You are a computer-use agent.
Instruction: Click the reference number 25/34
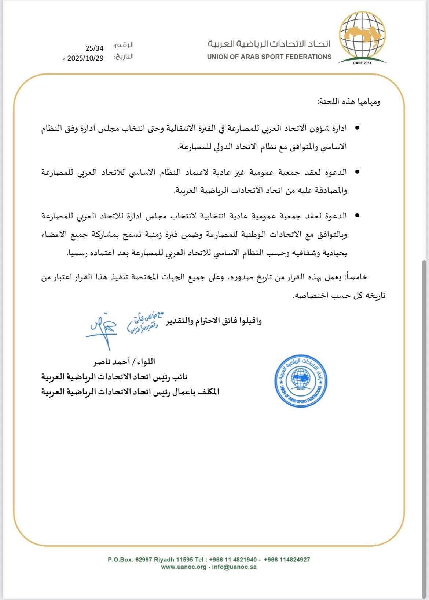coord(95,48)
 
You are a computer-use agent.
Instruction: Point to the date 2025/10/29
coord(85,58)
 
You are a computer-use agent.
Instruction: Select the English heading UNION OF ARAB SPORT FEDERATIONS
coord(269,57)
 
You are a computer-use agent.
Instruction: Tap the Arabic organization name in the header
coord(269,44)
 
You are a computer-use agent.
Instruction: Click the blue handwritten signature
coord(102,326)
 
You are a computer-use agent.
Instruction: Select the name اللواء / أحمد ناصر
coord(125,362)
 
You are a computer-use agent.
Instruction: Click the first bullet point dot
coord(357,129)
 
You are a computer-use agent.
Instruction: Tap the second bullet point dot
coord(357,172)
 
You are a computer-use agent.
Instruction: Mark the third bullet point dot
coord(357,216)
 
